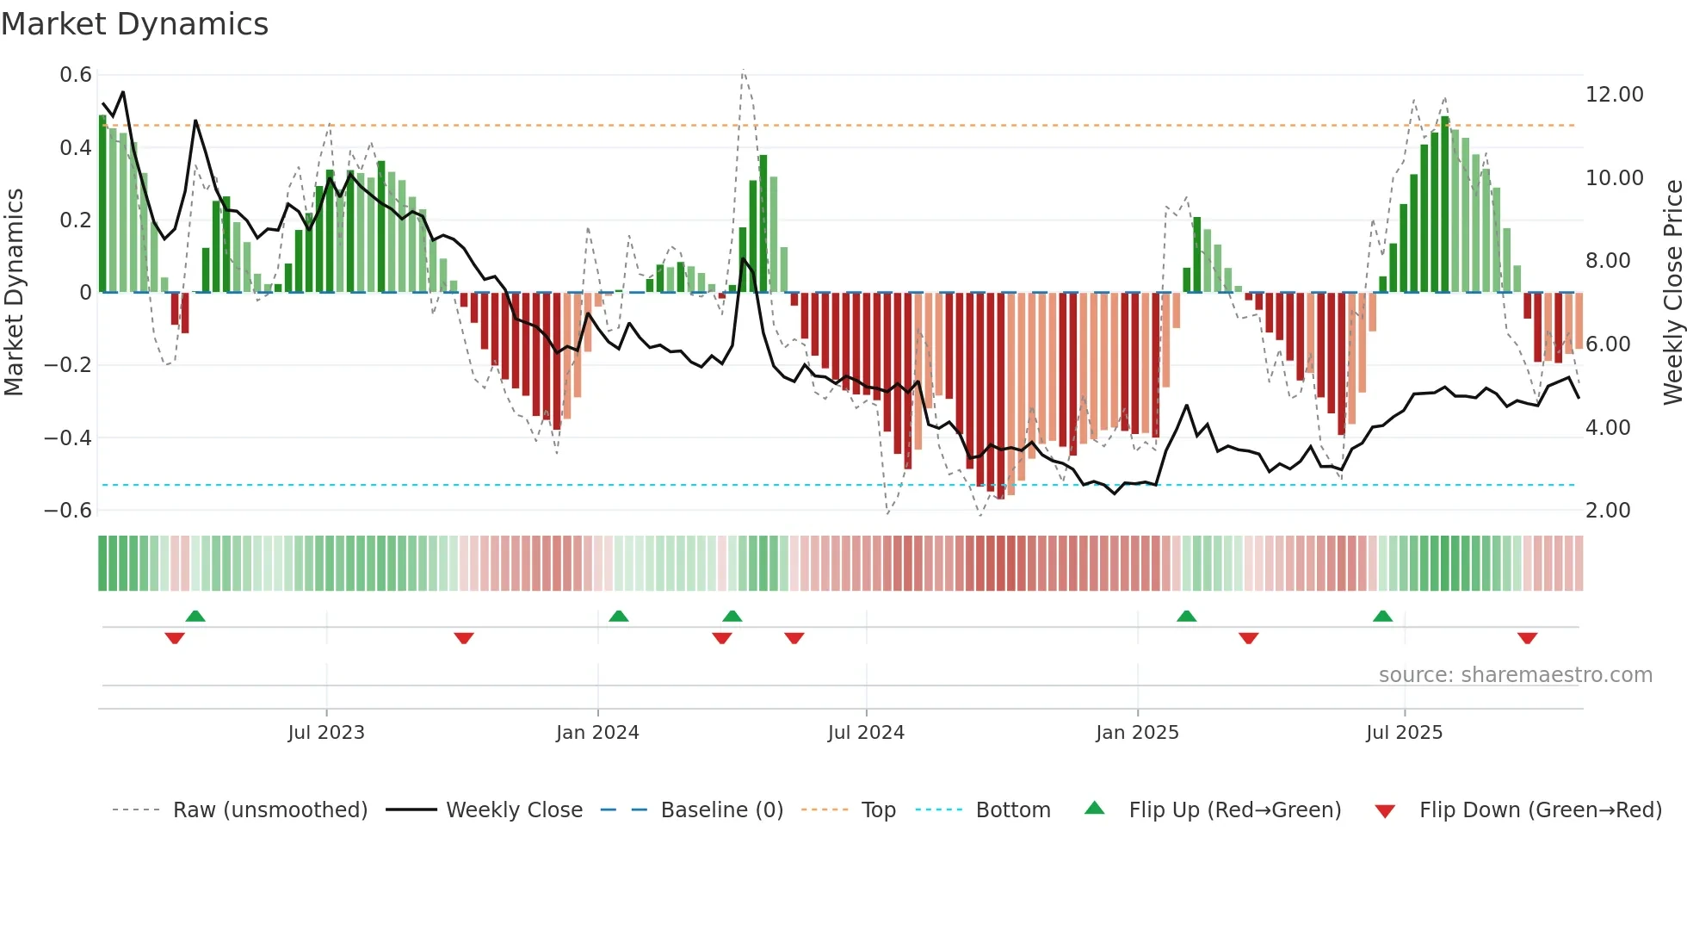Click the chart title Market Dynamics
(x=134, y=24)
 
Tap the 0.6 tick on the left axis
(x=76, y=75)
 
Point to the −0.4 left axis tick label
(x=68, y=437)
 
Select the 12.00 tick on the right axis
(x=1614, y=95)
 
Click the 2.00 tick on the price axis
(x=1608, y=511)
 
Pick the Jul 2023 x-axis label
(x=326, y=733)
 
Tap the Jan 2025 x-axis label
(x=1137, y=733)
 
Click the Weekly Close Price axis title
(x=1672, y=292)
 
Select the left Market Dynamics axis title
(x=14, y=292)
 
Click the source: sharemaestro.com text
(x=1515, y=675)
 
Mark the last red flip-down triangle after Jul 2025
(x=1528, y=638)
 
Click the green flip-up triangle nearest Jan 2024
(x=619, y=616)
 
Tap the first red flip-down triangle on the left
(x=175, y=638)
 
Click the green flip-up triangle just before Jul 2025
(x=1383, y=616)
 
